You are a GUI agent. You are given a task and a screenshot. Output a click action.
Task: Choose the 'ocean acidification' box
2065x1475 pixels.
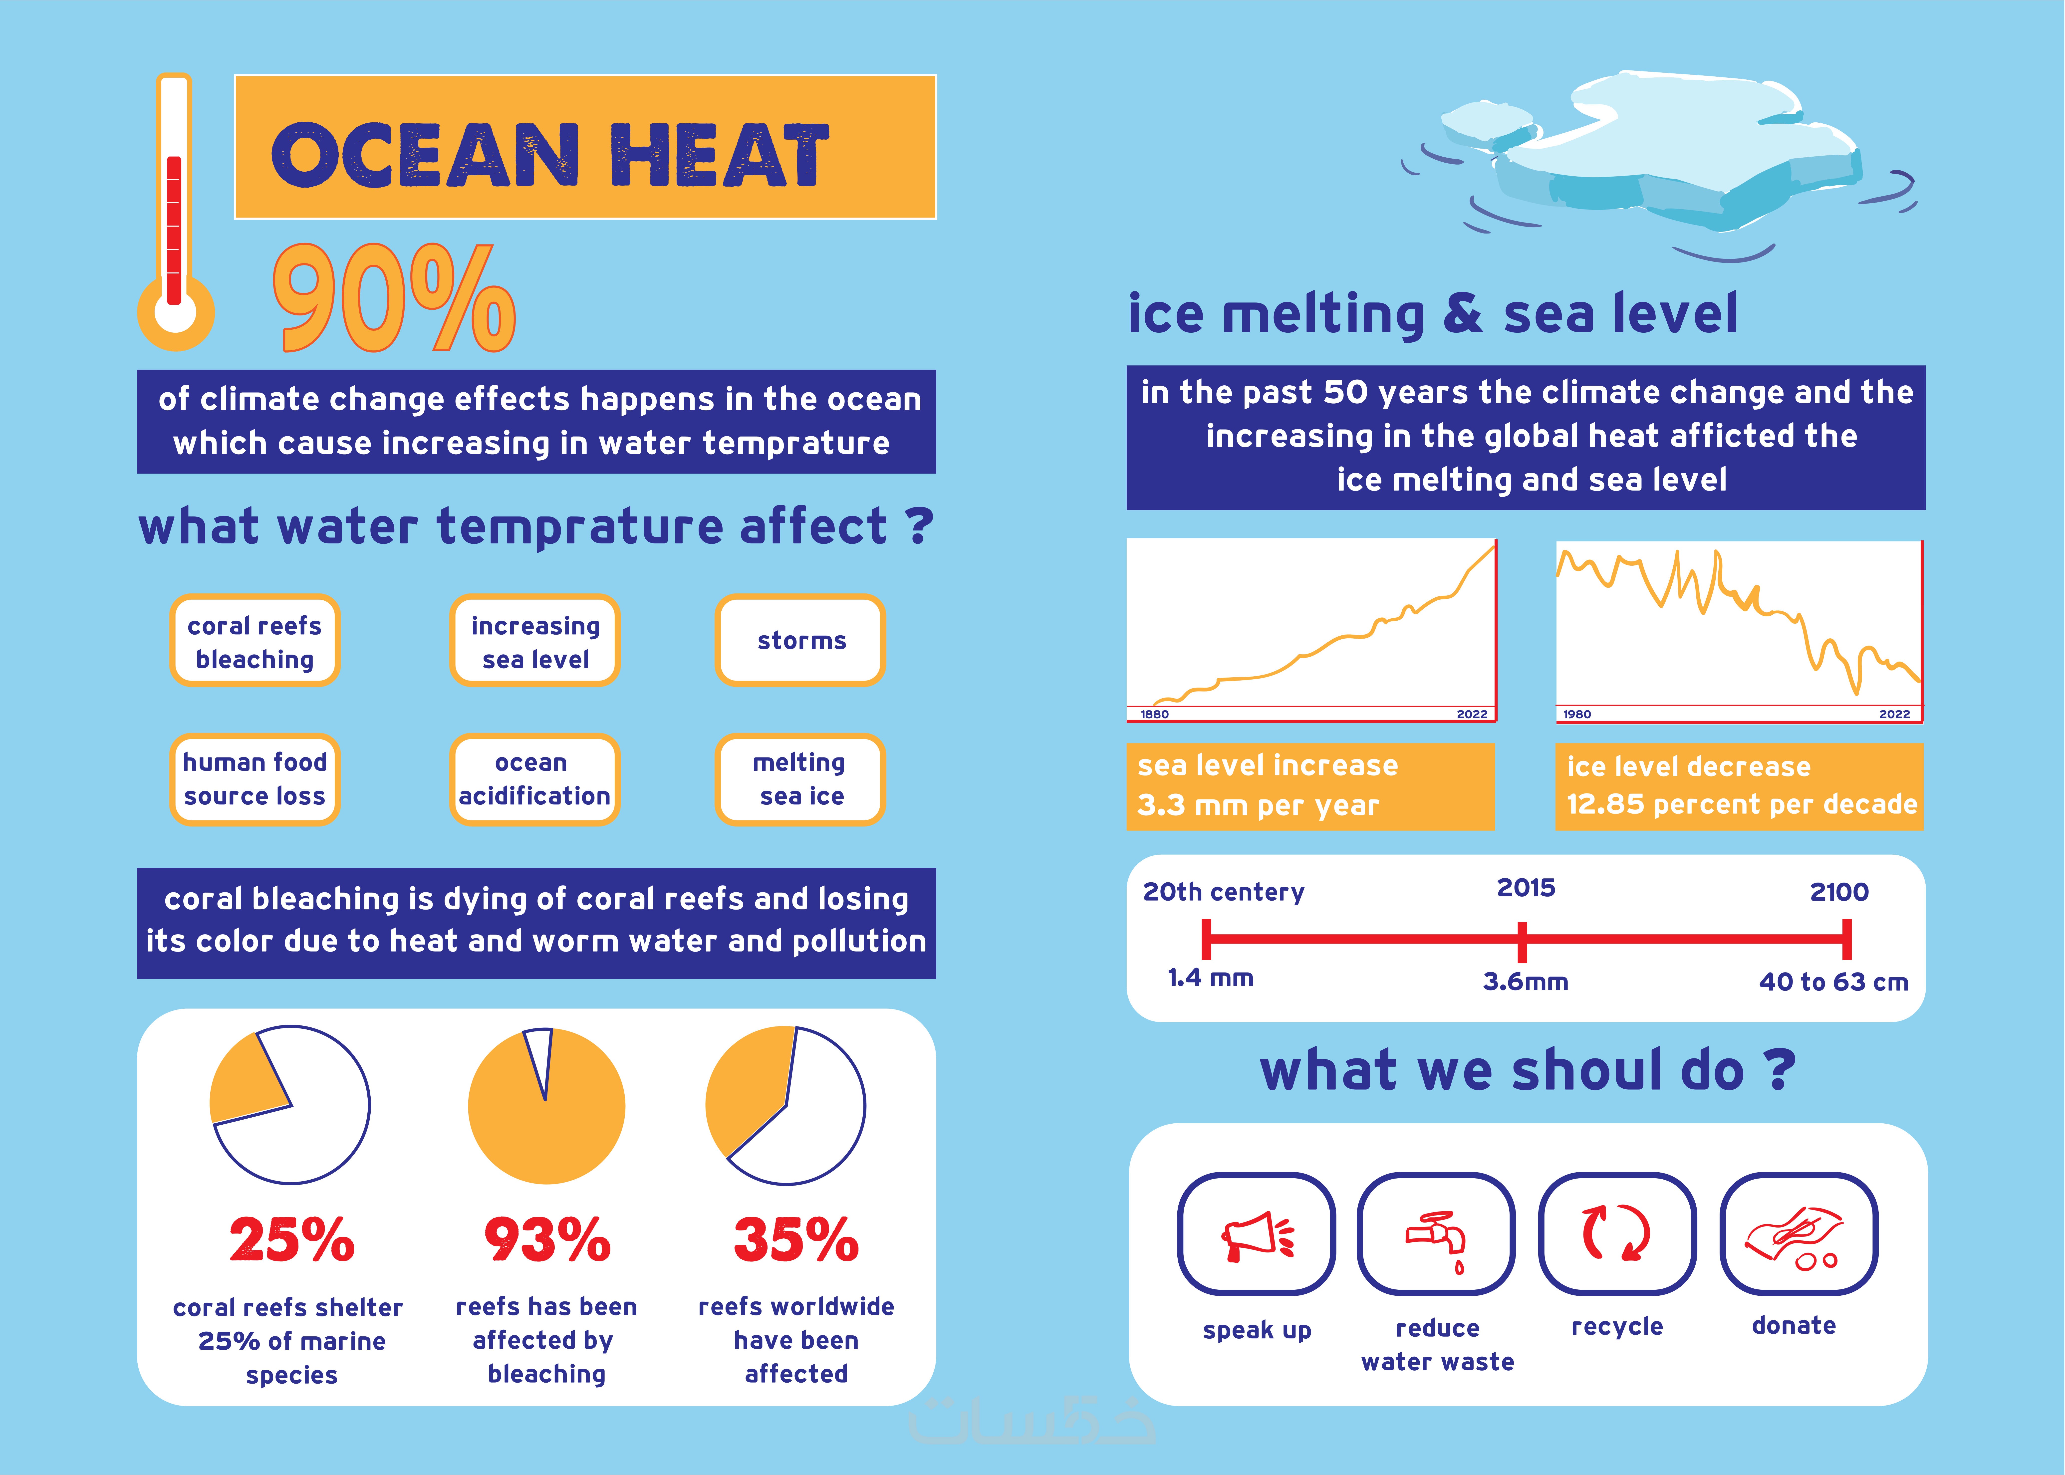point(534,779)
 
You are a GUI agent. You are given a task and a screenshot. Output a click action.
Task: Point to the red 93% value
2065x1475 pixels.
point(547,1240)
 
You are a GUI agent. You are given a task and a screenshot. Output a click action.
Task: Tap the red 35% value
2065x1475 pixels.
point(795,1240)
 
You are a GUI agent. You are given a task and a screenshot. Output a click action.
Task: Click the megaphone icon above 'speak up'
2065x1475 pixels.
point(1256,1235)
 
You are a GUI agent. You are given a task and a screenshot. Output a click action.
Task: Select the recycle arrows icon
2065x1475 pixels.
point(1616,1233)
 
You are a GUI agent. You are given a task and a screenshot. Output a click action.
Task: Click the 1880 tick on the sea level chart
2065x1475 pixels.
point(1154,714)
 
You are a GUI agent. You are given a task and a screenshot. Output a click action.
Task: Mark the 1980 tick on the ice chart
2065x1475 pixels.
point(1576,714)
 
